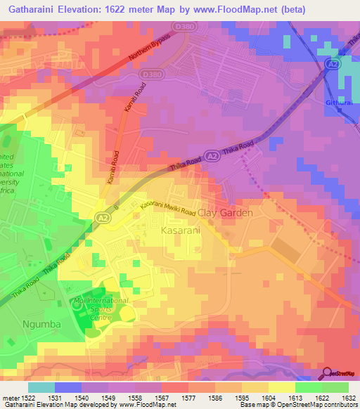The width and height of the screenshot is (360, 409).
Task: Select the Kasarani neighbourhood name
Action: [180, 230]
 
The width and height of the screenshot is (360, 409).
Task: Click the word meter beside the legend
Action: [8, 397]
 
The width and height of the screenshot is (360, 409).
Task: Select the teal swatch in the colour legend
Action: [41, 387]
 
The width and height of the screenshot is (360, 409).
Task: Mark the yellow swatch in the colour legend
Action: [281, 387]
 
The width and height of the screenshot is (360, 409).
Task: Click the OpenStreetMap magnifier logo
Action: [327, 373]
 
